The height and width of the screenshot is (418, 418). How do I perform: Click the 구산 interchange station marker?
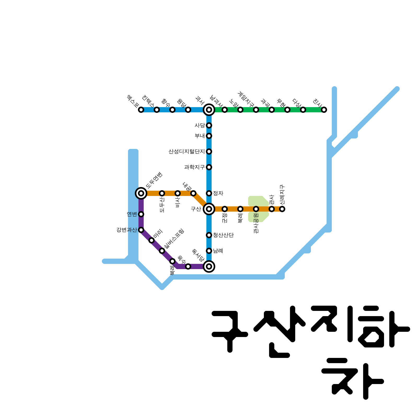pos(209,209)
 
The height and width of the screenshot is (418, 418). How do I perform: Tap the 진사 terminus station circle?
pos(324,110)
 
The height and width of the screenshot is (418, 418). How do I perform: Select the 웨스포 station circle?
pos(141,110)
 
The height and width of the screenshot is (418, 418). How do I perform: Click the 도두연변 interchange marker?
pos(141,193)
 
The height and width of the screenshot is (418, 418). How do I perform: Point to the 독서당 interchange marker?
pos(209,266)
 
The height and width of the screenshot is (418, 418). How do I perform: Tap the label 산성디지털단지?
pos(187,152)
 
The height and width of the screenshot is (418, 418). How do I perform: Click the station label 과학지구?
pos(194,167)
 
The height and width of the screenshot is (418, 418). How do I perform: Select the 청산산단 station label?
pos(223,235)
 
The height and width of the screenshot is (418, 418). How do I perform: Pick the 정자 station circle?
pos(209,193)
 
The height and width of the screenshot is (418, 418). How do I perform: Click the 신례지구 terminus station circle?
pos(282,209)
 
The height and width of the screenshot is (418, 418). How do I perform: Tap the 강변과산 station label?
pos(126,230)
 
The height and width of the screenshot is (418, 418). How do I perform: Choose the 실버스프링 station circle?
pos(162,251)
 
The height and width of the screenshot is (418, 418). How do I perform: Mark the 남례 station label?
pos(218,251)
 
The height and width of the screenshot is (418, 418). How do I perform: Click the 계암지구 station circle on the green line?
pos(256,110)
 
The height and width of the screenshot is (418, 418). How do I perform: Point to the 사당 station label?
pos(200,125)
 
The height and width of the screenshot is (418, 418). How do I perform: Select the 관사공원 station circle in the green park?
pos(256,209)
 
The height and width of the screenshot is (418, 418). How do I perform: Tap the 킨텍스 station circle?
pos(157,110)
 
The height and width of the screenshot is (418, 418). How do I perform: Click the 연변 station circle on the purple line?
pos(141,214)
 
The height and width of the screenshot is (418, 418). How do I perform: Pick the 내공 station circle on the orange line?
pos(193,193)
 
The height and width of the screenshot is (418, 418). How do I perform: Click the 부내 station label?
pos(200,136)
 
